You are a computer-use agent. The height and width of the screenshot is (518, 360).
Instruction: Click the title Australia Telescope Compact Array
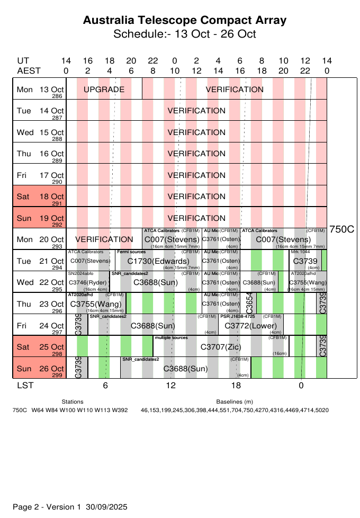[x=185, y=21]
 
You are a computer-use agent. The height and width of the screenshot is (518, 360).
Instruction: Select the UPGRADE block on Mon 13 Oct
[x=104, y=90]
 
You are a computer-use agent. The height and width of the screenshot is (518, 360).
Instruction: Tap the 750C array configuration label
[x=341, y=229]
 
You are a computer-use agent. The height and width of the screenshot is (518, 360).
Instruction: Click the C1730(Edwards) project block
[x=158, y=262]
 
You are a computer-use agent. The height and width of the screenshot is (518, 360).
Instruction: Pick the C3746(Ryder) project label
[x=88, y=283]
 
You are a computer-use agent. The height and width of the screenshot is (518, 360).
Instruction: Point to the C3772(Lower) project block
[x=251, y=326]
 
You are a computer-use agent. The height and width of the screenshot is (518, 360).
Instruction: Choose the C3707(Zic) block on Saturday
[x=220, y=347]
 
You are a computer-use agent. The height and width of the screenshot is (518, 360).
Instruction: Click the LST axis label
[x=25, y=386]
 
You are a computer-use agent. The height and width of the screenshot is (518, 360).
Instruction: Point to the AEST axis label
[x=29, y=71]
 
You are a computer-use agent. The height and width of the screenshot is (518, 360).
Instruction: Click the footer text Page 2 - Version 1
[x=47, y=507]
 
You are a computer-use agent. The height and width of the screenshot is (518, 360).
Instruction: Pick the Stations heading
[x=73, y=403]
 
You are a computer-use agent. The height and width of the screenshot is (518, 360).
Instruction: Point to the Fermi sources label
[x=131, y=252]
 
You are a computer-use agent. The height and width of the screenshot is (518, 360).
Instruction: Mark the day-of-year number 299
[x=57, y=375]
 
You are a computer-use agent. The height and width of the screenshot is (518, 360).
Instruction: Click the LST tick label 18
[x=236, y=386]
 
